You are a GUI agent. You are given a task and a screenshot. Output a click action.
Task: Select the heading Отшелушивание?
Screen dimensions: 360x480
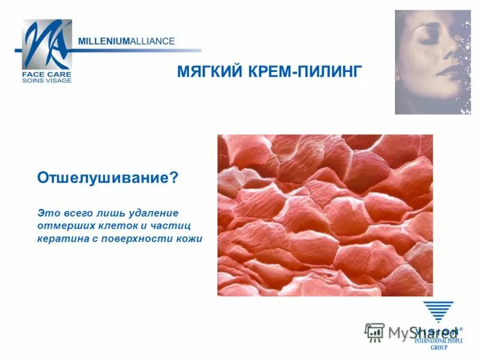108,178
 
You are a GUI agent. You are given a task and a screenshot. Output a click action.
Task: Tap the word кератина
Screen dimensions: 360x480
61,238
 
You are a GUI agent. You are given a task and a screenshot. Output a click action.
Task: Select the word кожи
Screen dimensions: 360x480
189,238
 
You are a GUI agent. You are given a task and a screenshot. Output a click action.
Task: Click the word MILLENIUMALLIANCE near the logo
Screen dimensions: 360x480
127,41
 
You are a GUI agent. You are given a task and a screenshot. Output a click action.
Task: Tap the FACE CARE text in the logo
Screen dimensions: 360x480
46,74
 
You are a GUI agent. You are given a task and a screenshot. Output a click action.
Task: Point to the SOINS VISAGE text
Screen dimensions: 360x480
47,80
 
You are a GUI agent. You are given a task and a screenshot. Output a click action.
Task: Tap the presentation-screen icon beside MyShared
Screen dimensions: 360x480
375,332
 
